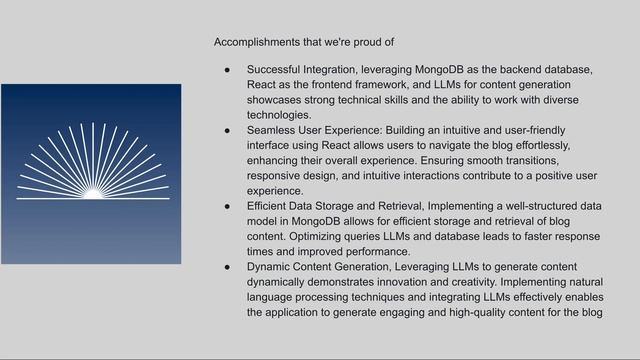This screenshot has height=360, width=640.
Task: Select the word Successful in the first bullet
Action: (278, 70)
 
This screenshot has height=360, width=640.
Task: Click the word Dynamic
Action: (271, 267)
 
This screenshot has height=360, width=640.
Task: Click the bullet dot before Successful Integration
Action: (227, 70)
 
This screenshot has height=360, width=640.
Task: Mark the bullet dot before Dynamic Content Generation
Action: (227, 267)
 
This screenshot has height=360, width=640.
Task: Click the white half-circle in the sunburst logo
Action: (91, 192)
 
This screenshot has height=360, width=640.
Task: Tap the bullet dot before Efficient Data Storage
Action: (227, 205)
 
